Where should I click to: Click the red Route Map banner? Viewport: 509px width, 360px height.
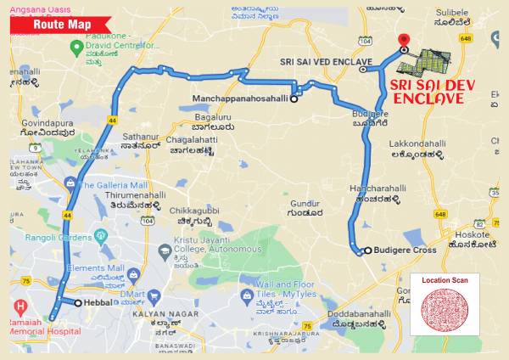click(61, 25)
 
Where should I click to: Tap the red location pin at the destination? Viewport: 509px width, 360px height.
click(404, 40)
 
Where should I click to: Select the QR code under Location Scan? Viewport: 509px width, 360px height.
click(445, 309)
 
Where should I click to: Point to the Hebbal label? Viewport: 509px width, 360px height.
click(99, 302)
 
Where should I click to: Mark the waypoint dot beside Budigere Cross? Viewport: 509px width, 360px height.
click(360, 250)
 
